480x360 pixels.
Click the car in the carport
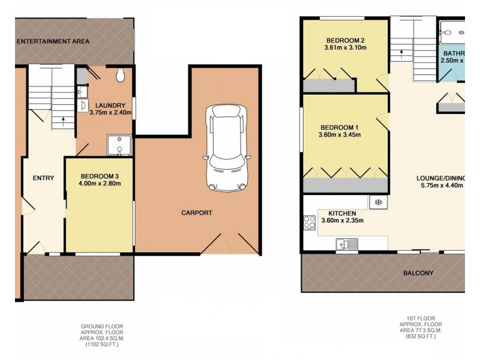(226, 146)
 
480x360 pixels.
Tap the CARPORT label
(197, 213)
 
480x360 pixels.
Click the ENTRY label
(43, 178)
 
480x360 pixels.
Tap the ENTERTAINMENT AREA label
(53, 41)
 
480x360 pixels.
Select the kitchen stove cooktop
(310, 223)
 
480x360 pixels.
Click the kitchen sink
(347, 244)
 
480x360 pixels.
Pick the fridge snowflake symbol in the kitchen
(379, 202)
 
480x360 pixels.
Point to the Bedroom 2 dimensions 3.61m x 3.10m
(345, 47)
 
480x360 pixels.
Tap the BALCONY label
(419, 273)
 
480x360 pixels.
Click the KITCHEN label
(343, 213)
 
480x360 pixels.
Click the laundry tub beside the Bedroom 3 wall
(119, 145)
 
